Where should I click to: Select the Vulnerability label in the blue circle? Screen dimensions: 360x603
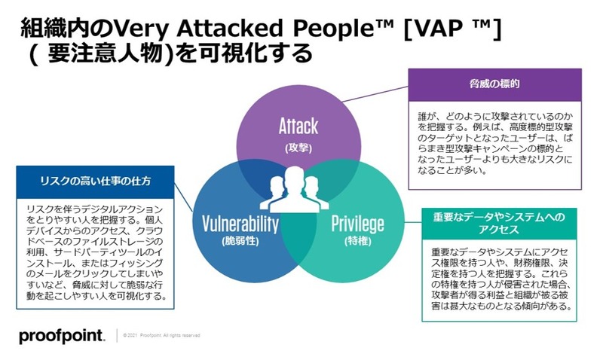point(240,224)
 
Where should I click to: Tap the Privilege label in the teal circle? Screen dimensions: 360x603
point(358,224)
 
